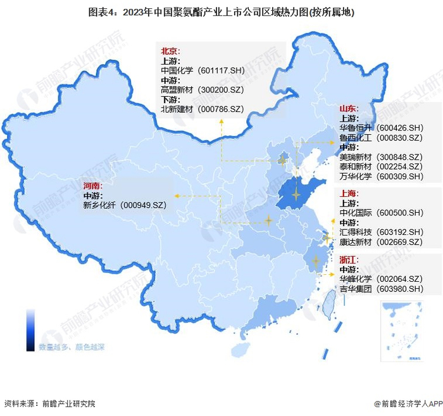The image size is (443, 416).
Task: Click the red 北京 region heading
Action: [x=170, y=51]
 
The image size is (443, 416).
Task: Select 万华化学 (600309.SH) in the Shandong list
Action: [x=381, y=176]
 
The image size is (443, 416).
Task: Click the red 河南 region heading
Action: [x=92, y=186]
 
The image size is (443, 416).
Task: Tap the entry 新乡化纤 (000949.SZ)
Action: [x=124, y=205]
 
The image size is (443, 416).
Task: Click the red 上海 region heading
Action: [x=349, y=193]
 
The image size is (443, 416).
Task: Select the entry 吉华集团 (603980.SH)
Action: [x=381, y=289]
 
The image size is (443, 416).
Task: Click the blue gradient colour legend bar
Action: [x=30, y=330]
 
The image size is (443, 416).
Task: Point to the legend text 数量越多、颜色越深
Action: [x=72, y=346]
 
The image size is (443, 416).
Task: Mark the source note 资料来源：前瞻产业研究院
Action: [x=49, y=403]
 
